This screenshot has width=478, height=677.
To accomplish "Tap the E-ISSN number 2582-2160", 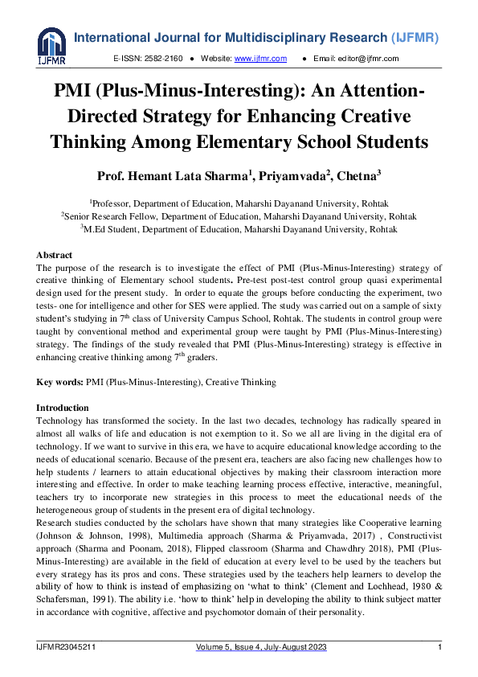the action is point(164,59).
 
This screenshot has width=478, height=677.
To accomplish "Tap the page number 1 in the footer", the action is point(439,648).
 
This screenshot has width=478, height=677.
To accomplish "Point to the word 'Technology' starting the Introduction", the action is point(61,421).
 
